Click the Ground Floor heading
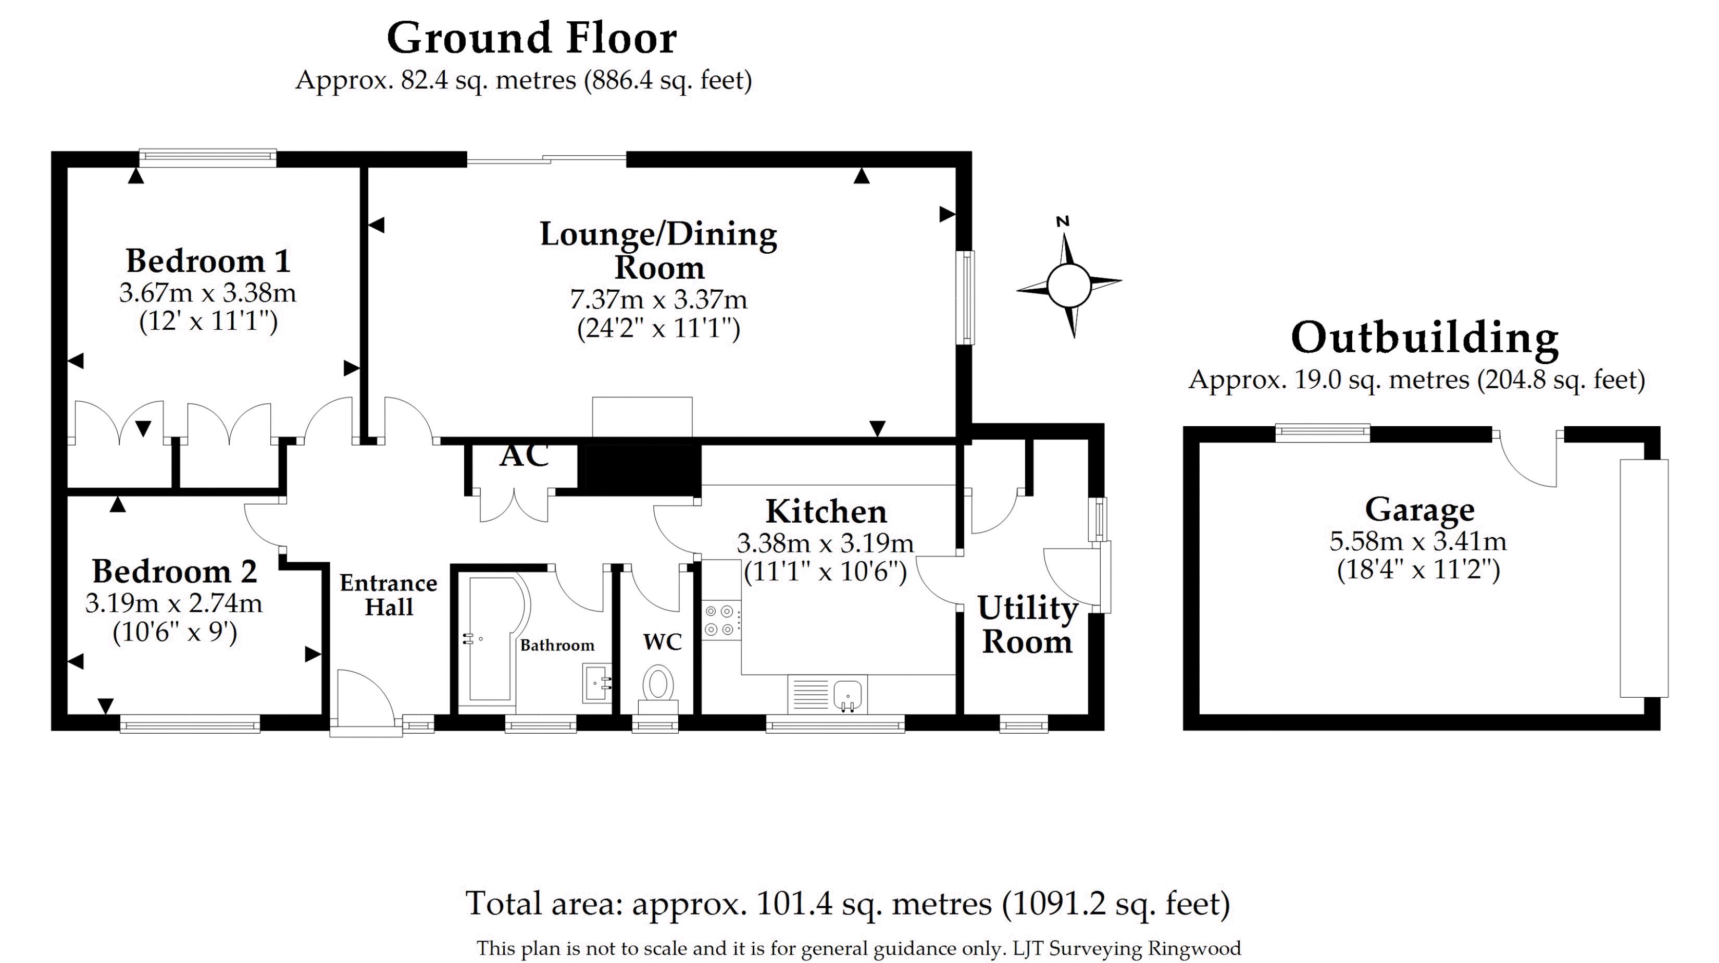pyautogui.click(x=532, y=39)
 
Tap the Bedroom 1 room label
pyautogui.click(x=208, y=261)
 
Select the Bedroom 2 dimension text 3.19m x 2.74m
pyautogui.click(x=173, y=603)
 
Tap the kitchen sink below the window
pyautogui.click(x=848, y=695)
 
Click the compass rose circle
pyautogui.click(x=1068, y=285)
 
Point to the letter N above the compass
pyautogui.click(x=1063, y=221)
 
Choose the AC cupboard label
pyautogui.click(x=525, y=456)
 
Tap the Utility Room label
pyautogui.click(x=1027, y=625)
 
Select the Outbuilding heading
pyautogui.click(x=1425, y=338)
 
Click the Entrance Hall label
pyautogui.click(x=389, y=595)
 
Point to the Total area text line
pyautogui.click(x=848, y=904)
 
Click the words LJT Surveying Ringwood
pyautogui.click(x=1126, y=948)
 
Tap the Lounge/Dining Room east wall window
pyautogui.click(x=964, y=298)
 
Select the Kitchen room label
pyautogui.click(x=826, y=512)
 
